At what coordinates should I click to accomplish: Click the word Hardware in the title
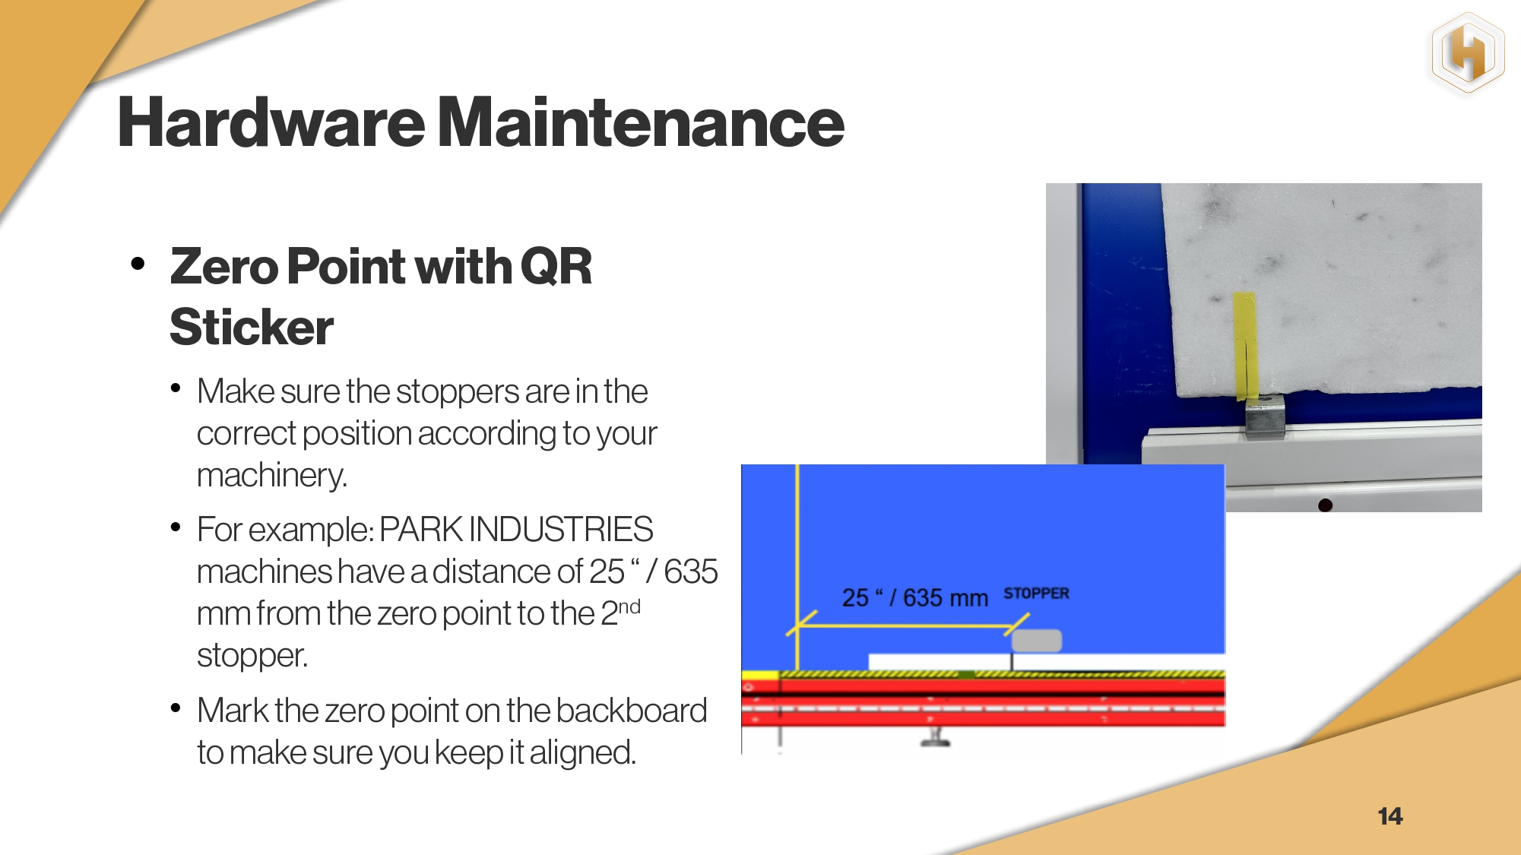pyautogui.click(x=271, y=122)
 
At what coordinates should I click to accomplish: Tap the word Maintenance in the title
pyautogui.click(x=642, y=122)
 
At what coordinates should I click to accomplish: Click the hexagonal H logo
pyautogui.click(x=1468, y=54)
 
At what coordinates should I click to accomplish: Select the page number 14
pyautogui.click(x=1390, y=816)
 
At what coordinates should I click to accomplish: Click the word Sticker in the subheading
pyautogui.click(x=252, y=327)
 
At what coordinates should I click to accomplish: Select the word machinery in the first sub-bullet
pyautogui.click(x=271, y=476)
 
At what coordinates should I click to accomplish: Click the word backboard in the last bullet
pyautogui.click(x=631, y=711)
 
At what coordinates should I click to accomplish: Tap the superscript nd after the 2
pyautogui.click(x=630, y=607)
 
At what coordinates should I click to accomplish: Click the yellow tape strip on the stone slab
pyautogui.click(x=1245, y=346)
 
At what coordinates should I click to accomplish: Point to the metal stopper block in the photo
pyautogui.click(x=1265, y=416)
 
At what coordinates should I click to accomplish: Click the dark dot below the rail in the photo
pyautogui.click(x=1325, y=505)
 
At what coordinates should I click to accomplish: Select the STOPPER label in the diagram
pyautogui.click(x=1036, y=593)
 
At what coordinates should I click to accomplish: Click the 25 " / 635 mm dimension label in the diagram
pyautogui.click(x=915, y=598)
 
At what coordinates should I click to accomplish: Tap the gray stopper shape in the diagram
pyautogui.click(x=1037, y=641)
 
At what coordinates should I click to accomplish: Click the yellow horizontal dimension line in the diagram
pyautogui.click(x=905, y=626)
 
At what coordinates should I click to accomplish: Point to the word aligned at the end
pyautogui.click(x=582, y=753)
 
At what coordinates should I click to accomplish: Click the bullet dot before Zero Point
pyautogui.click(x=138, y=264)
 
